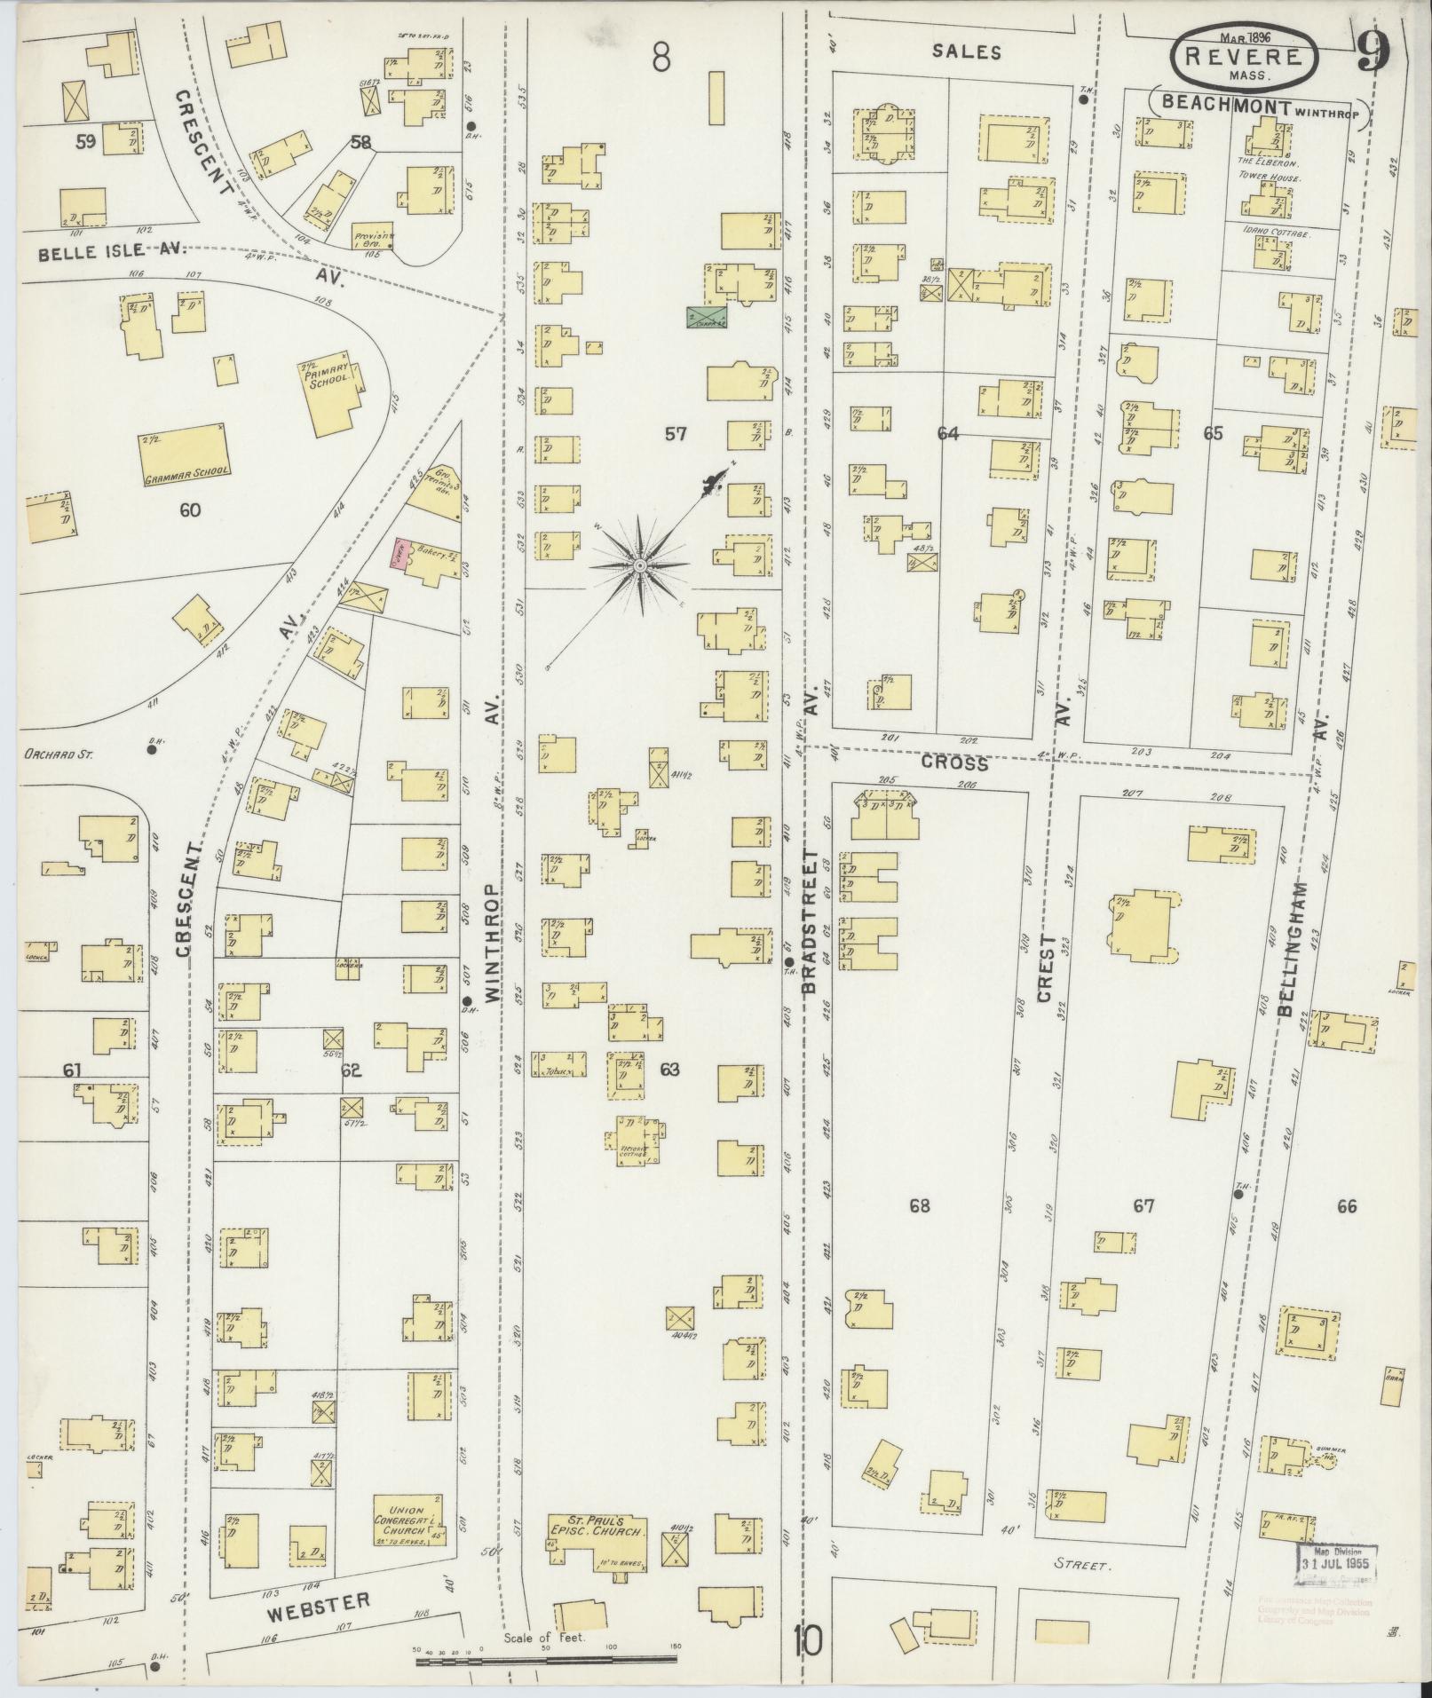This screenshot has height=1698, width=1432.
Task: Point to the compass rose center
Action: [639, 565]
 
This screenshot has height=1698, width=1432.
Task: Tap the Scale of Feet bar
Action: [546, 1658]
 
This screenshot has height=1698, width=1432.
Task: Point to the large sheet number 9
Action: [1373, 54]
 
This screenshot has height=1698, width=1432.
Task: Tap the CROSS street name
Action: [954, 763]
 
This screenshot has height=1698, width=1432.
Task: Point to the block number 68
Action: [920, 1206]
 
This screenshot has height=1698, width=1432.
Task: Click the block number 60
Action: [189, 510]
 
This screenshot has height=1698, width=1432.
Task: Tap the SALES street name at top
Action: [966, 52]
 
